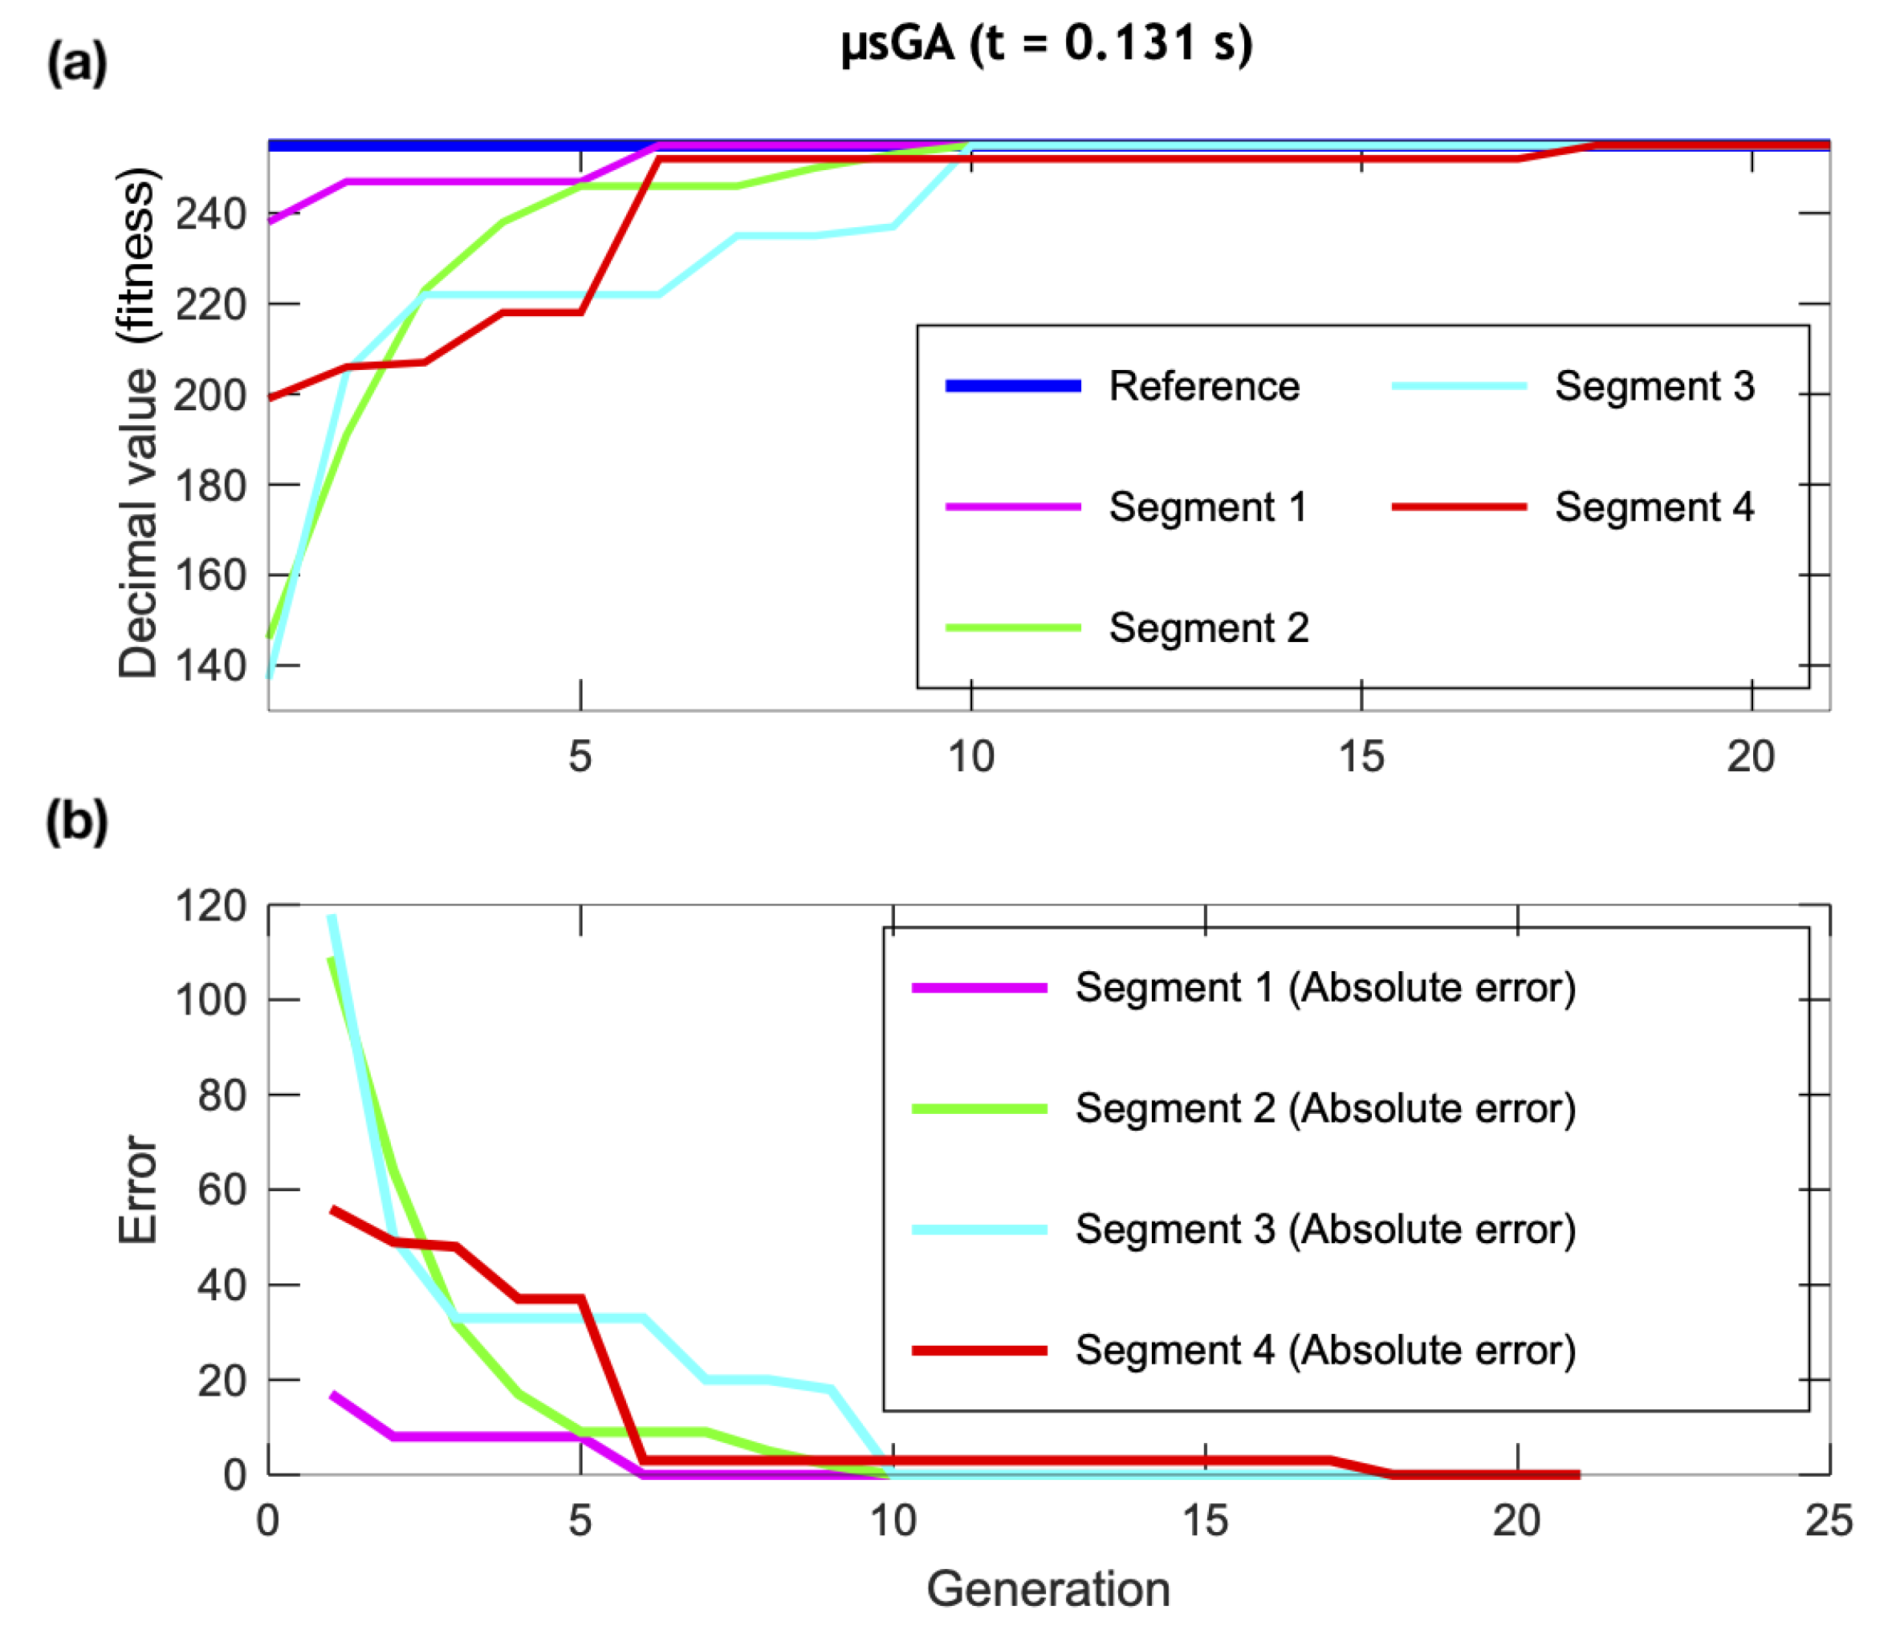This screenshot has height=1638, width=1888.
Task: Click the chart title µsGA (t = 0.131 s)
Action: tap(1046, 44)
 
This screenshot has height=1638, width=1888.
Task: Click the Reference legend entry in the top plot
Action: tap(1203, 387)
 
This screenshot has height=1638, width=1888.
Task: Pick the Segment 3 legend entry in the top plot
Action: tap(1653, 387)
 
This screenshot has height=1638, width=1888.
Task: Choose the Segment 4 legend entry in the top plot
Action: tap(1653, 507)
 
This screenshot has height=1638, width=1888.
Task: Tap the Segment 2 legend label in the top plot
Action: tap(1208, 628)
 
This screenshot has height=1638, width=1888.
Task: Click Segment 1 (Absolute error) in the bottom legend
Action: tap(1324, 988)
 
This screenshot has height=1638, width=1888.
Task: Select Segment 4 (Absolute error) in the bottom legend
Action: tap(1324, 1350)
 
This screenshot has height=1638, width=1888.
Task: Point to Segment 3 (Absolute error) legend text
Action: tap(1324, 1230)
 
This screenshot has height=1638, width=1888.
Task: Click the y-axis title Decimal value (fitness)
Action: tap(139, 422)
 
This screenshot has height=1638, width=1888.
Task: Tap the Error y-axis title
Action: tap(139, 1190)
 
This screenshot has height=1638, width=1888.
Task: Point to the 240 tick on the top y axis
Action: tap(210, 215)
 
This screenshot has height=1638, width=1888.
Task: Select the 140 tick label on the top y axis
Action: tap(210, 666)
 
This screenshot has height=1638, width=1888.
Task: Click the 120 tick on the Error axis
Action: tap(210, 907)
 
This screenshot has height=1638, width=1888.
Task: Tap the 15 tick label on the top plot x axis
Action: tap(1361, 757)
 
